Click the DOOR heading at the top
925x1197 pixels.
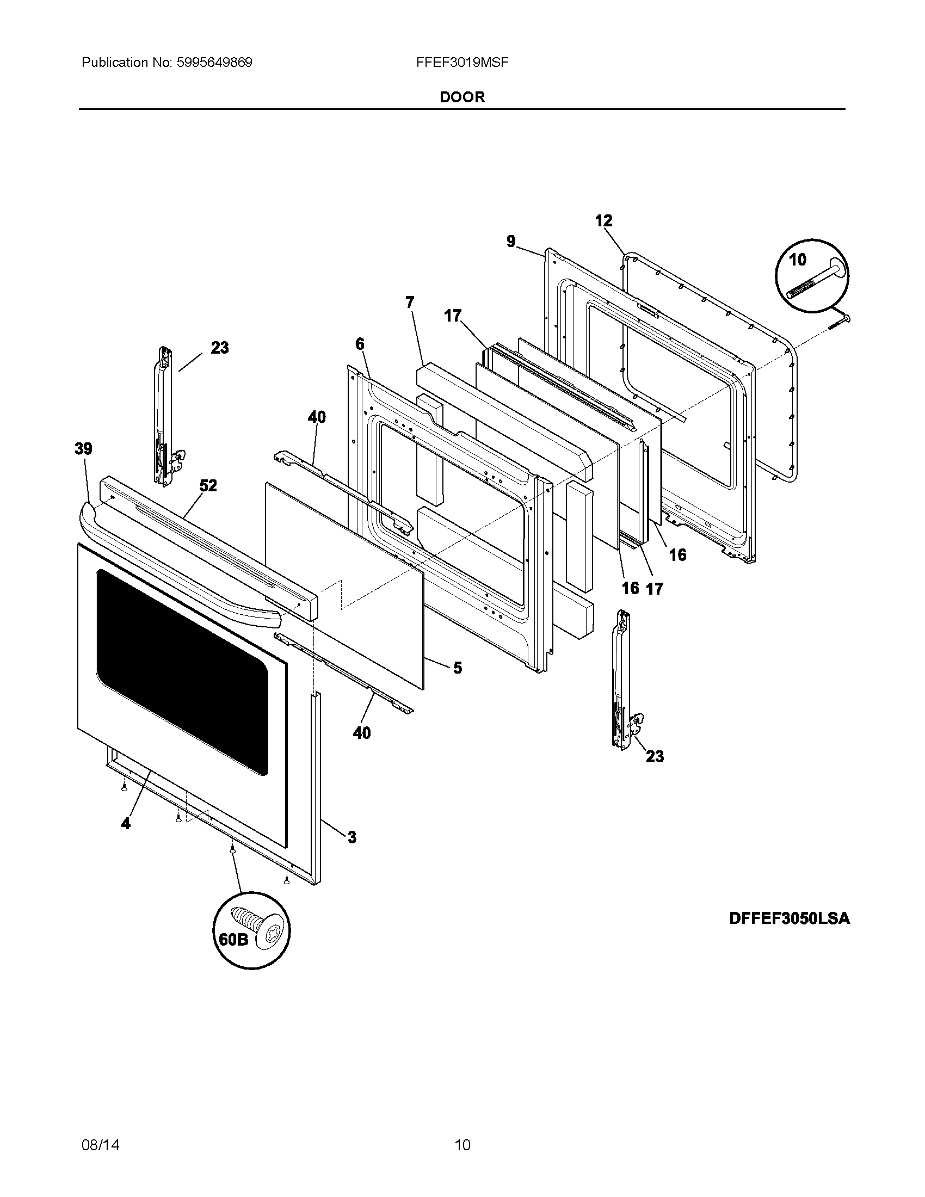[462, 97]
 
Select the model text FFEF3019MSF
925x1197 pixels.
[462, 63]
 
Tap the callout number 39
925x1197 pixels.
[83, 449]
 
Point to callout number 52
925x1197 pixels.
[208, 485]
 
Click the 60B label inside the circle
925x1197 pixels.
[233, 940]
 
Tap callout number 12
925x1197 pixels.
[603, 221]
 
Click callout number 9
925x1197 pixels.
[511, 241]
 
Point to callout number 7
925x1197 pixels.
[410, 303]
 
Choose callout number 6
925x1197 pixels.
[360, 344]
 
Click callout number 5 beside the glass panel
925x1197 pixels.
[457, 668]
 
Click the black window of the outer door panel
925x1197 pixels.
[181, 669]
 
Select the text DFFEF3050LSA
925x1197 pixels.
[789, 918]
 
